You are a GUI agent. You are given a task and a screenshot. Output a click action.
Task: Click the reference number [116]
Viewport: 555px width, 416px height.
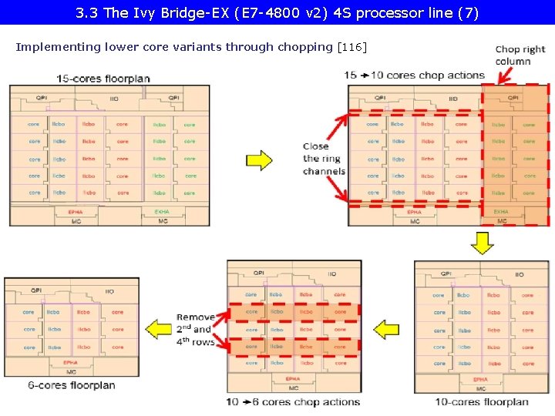(x=352, y=47)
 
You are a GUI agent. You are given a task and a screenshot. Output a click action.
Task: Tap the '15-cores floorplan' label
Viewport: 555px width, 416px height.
(x=103, y=79)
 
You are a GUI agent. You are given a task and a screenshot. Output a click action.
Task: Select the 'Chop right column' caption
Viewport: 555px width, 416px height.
(x=520, y=55)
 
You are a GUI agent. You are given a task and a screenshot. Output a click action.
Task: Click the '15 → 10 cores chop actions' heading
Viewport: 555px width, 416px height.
(x=415, y=75)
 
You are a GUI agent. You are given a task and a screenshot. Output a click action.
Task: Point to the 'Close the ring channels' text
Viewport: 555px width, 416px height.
(x=324, y=159)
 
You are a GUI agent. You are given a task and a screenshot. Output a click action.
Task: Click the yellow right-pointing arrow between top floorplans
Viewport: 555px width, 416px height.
(x=259, y=160)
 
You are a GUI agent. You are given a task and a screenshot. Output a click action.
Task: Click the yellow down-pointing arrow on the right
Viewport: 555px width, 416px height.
(x=482, y=243)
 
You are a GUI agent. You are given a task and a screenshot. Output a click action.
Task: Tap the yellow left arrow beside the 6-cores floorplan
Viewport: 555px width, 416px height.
(x=160, y=329)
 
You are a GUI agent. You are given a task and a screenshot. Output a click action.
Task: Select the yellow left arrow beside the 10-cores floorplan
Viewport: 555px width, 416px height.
(x=389, y=329)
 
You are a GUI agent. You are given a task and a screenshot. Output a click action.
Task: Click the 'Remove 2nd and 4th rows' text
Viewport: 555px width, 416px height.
(x=196, y=330)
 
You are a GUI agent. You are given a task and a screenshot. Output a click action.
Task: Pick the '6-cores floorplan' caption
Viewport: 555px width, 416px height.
(x=71, y=385)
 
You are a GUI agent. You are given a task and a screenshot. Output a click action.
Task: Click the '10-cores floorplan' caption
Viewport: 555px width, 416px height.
(x=482, y=401)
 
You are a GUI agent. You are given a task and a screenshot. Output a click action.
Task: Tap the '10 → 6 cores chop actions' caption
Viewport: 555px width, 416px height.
(x=293, y=402)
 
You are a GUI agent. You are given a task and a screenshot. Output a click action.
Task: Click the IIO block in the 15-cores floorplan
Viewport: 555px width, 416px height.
(x=114, y=99)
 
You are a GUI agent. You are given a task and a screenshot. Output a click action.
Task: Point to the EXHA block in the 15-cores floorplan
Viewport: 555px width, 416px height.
(x=162, y=211)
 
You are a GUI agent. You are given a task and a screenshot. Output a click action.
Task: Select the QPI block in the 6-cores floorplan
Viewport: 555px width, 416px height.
(x=36, y=290)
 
